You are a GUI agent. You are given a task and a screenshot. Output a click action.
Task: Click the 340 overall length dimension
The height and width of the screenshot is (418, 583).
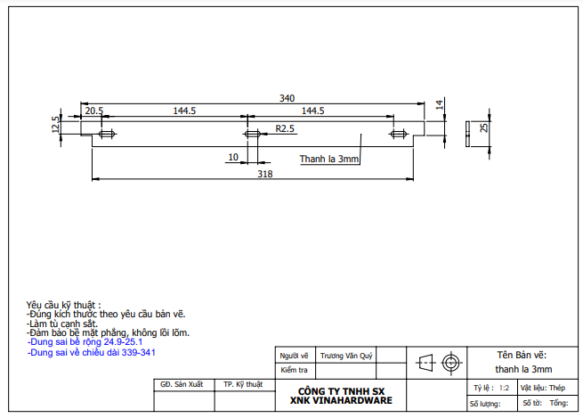point(287,98)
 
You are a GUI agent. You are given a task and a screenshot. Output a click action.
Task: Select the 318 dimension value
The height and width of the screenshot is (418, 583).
point(264,175)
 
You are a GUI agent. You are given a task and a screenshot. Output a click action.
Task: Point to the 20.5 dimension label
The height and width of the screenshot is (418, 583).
point(93,111)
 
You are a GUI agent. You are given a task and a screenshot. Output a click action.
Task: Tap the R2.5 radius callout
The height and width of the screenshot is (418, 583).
point(285,129)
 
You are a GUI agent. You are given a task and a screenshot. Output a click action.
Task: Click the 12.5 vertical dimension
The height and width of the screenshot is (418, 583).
point(55,124)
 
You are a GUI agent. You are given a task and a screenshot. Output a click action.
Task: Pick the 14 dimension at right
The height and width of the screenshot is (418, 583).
point(439,105)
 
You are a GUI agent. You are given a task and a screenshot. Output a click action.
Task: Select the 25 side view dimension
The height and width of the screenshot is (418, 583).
point(484,128)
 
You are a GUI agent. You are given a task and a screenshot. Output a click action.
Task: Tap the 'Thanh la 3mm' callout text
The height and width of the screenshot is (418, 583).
point(328,160)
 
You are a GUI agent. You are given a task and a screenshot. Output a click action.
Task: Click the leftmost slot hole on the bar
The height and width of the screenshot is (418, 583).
point(108,135)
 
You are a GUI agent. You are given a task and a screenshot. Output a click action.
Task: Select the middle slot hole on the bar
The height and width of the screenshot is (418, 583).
point(251,135)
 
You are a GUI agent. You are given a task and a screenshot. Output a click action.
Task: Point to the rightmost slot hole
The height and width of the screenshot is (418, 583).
point(397,135)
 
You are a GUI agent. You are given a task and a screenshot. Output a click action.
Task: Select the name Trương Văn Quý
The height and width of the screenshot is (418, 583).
point(346,354)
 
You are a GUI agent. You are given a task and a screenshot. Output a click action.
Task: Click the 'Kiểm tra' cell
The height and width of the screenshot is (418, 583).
point(294,369)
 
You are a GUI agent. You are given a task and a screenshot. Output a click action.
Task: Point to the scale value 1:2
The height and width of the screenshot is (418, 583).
point(504,388)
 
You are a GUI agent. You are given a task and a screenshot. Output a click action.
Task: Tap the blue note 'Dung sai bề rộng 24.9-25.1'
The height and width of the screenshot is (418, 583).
point(85,341)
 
